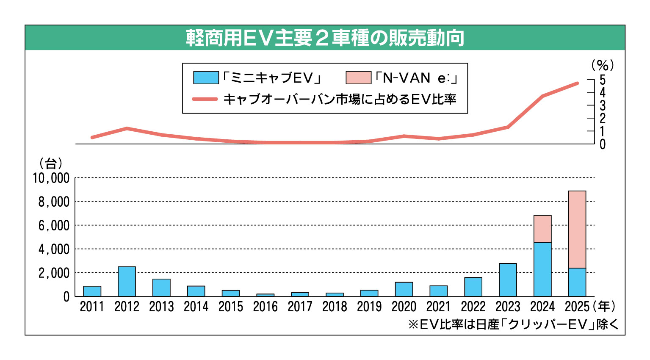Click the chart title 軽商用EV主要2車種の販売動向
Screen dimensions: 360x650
click(x=325, y=38)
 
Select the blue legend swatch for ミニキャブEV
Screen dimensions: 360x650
click(x=206, y=78)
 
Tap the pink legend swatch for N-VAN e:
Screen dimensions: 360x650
click(x=358, y=78)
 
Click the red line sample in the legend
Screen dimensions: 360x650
click(x=205, y=99)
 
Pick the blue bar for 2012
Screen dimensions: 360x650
click(x=127, y=281)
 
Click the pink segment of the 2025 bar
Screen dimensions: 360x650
click(x=577, y=229)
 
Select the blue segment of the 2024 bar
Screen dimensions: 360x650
click(x=542, y=269)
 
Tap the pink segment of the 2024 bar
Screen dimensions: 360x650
click(x=542, y=229)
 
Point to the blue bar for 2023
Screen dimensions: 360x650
click(x=508, y=280)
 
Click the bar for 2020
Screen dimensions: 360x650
click(x=404, y=289)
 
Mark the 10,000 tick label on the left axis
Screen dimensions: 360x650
click(x=51, y=178)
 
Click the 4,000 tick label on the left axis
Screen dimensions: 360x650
click(x=54, y=249)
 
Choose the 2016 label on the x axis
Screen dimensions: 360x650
click(x=265, y=307)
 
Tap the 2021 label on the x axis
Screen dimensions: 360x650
click(x=438, y=307)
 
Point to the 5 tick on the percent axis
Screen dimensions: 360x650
click(x=602, y=80)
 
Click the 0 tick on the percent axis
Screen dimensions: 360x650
click(x=602, y=144)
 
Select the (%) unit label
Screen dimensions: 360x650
click(x=602, y=65)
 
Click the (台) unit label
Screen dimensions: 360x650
click(x=51, y=163)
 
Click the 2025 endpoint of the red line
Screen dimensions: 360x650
click(x=577, y=83)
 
